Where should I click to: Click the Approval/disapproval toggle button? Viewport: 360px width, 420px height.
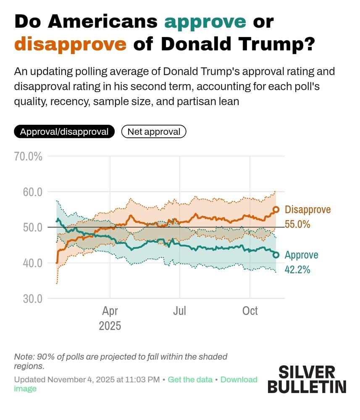pyautogui.click(x=64, y=132)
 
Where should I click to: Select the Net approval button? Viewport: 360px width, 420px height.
pyautogui.click(x=154, y=132)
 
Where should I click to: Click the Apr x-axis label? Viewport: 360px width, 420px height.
pyautogui.click(x=110, y=311)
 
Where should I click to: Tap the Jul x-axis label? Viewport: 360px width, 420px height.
pyautogui.click(x=180, y=311)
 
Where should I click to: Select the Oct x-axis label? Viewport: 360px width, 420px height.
pyautogui.click(x=250, y=311)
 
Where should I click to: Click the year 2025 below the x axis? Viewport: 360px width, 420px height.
pyautogui.click(x=110, y=325)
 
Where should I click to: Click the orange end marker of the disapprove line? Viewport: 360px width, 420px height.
pyautogui.click(x=276, y=210)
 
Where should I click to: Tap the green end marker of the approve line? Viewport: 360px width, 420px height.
pyautogui.click(x=276, y=255)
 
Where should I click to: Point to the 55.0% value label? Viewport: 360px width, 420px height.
pyautogui.click(x=297, y=224)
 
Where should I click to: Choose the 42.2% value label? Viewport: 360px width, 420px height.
pyautogui.click(x=297, y=270)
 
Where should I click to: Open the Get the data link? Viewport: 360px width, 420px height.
pyautogui.click(x=190, y=380)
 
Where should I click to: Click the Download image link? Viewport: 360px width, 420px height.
pyautogui.click(x=238, y=380)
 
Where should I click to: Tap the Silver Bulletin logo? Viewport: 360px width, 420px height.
pyautogui.click(x=307, y=379)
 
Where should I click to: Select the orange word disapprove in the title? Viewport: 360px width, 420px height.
pyautogui.click(x=71, y=44)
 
